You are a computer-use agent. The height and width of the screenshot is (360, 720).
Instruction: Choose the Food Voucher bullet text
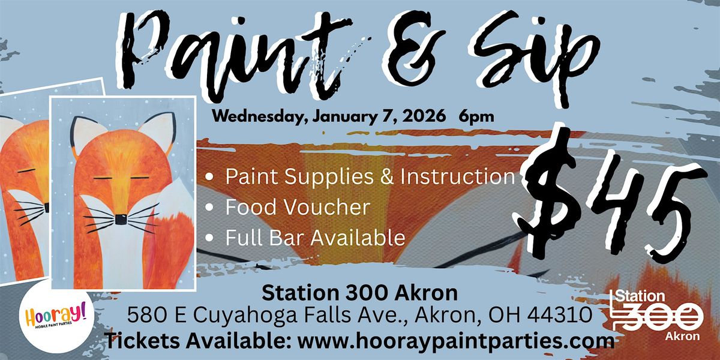tap(298, 208)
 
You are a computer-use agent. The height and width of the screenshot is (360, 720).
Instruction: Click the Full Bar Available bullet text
tap(315, 238)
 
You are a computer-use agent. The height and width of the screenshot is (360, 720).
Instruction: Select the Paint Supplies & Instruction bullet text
tap(370, 177)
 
